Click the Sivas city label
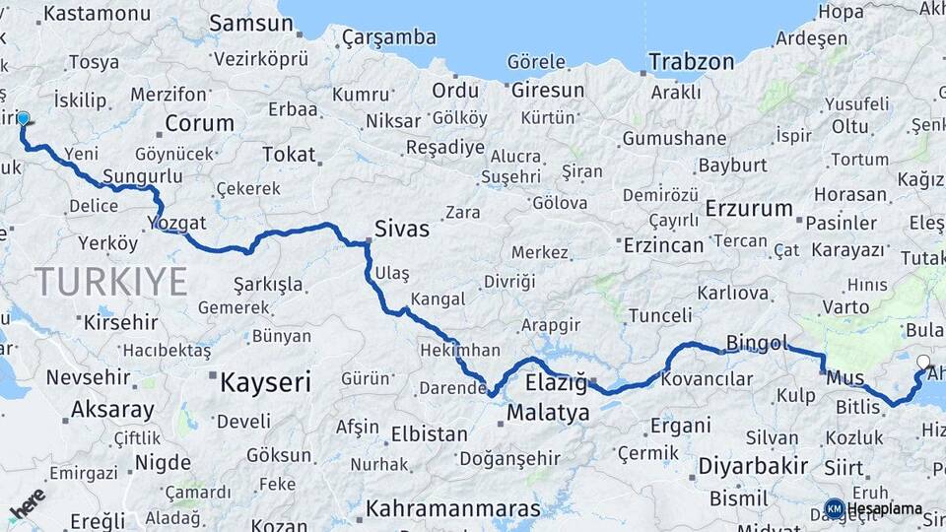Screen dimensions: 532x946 (402, 230)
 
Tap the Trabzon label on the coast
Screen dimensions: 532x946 (692, 62)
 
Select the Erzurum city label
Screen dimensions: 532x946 (750, 209)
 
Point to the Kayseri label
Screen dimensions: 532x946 (265, 381)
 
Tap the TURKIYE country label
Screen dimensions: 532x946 (111, 283)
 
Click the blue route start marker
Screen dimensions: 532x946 (24, 119)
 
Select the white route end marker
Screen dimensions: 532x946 (923, 362)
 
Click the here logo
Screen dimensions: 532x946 (28, 501)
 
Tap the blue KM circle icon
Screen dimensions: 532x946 (834, 508)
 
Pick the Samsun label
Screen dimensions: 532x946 (245, 23)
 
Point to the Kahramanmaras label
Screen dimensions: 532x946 (453, 509)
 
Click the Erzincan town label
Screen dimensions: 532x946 (663, 245)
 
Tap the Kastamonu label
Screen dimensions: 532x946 (98, 14)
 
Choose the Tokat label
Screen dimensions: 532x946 (289, 155)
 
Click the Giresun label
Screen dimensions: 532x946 (548, 91)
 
